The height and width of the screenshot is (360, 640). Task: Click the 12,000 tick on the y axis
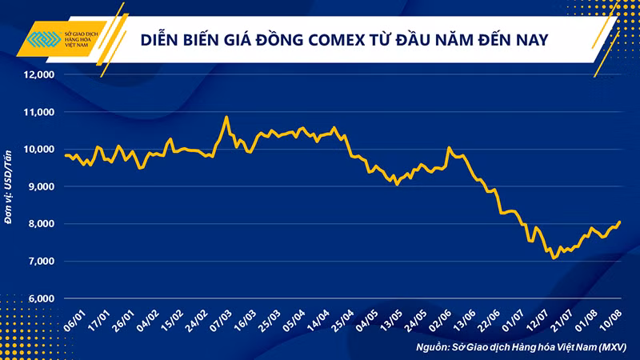click(38, 74)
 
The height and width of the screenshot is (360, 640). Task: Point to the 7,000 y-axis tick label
click(41, 262)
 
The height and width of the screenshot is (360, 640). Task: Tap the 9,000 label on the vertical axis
click(41, 186)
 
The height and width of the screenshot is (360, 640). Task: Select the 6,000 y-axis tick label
click(41, 298)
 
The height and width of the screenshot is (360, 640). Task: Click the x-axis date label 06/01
click(74, 321)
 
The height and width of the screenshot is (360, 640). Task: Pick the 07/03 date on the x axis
click(221, 321)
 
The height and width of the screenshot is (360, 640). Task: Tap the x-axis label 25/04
click(342, 321)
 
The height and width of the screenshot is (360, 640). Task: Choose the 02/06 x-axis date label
click(440, 321)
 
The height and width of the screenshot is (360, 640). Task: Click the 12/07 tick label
click(537, 321)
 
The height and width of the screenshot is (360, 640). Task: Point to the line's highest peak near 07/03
click(226, 117)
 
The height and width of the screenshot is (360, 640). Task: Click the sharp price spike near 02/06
click(449, 147)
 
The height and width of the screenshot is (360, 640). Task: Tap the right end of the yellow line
click(620, 222)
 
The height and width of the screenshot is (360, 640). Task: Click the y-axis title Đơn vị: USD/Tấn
click(8, 187)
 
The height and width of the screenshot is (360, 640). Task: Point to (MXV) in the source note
click(612, 347)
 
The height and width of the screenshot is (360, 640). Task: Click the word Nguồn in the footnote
click(432, 348)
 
